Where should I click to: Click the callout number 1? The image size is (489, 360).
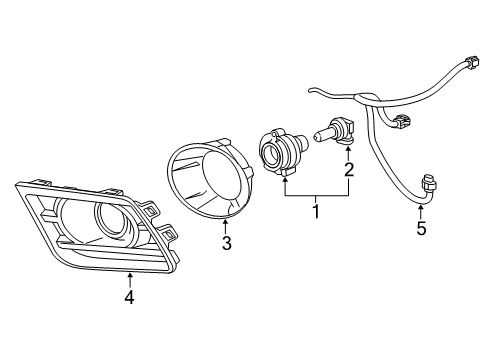(317, 212)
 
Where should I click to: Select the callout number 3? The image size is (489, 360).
(227, 243)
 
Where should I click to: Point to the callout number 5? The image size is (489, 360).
(421, 229)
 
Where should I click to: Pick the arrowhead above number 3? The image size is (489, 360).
(227, 220)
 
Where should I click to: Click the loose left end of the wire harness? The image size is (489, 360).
(313, 92)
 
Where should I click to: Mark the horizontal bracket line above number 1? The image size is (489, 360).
(317, 194)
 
